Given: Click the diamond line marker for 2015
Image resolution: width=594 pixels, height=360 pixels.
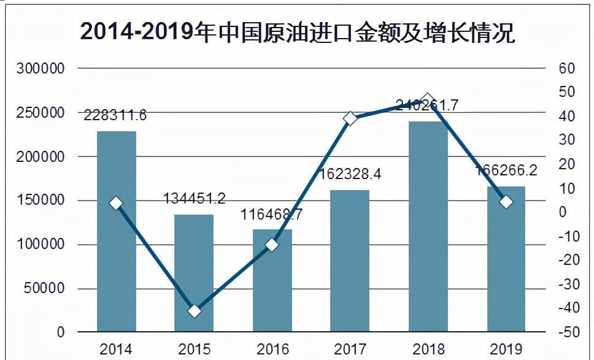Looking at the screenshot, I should pos(195,311).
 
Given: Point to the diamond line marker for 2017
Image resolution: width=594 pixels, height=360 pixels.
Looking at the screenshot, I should pos(350,118).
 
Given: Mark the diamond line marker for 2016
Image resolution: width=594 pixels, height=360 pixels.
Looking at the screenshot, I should pos(272,245).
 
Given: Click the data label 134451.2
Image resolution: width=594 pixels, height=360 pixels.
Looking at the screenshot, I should pos(195,199).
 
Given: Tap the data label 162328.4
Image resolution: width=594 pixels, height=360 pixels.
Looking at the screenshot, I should pos(350,174).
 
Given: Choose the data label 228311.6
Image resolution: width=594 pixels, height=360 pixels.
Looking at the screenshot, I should pos(116,115).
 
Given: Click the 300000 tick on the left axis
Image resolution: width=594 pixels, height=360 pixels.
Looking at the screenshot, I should pos(40,69).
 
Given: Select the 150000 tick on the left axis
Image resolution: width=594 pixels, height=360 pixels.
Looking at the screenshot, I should pos(40,201).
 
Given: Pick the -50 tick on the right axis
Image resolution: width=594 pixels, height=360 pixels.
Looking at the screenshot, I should pos(565,332).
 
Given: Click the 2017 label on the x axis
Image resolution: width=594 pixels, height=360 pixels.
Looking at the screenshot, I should pos(350,350).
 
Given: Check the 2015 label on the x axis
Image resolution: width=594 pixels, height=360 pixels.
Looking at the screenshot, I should pos(195,350).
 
